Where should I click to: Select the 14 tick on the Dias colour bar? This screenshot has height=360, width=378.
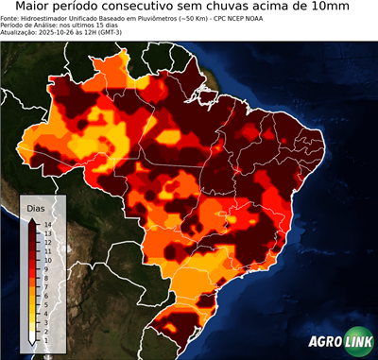(x=46, y=224)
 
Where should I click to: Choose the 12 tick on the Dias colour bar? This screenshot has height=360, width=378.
(x=46, y=240)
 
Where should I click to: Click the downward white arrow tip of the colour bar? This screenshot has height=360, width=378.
(x=33, y=339)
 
